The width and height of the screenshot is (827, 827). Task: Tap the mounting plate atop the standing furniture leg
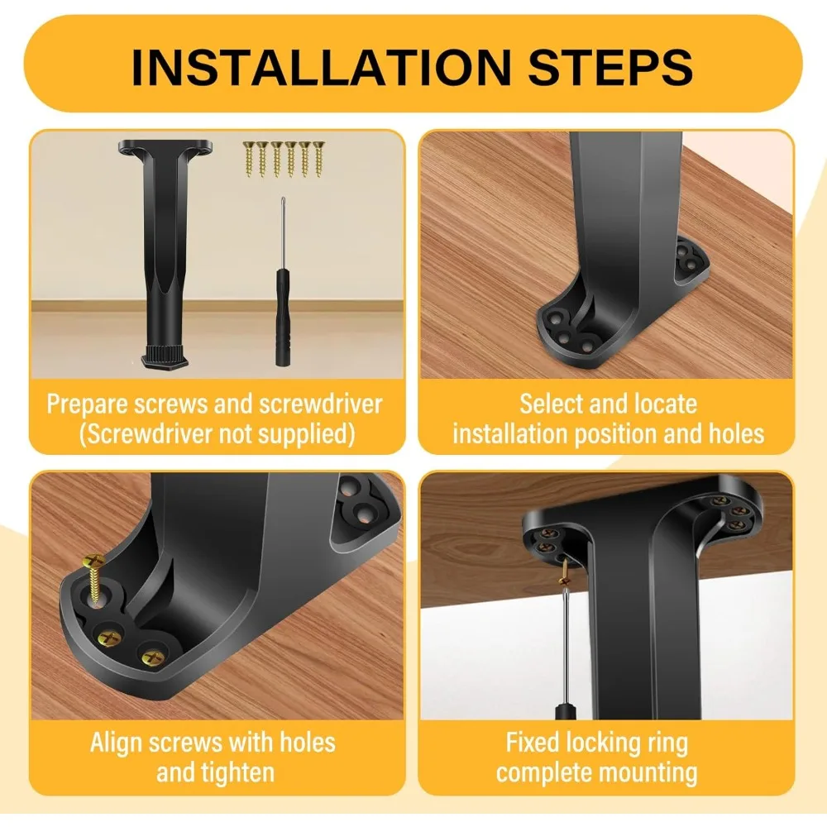pyautogui.click(x=165, y=149)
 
